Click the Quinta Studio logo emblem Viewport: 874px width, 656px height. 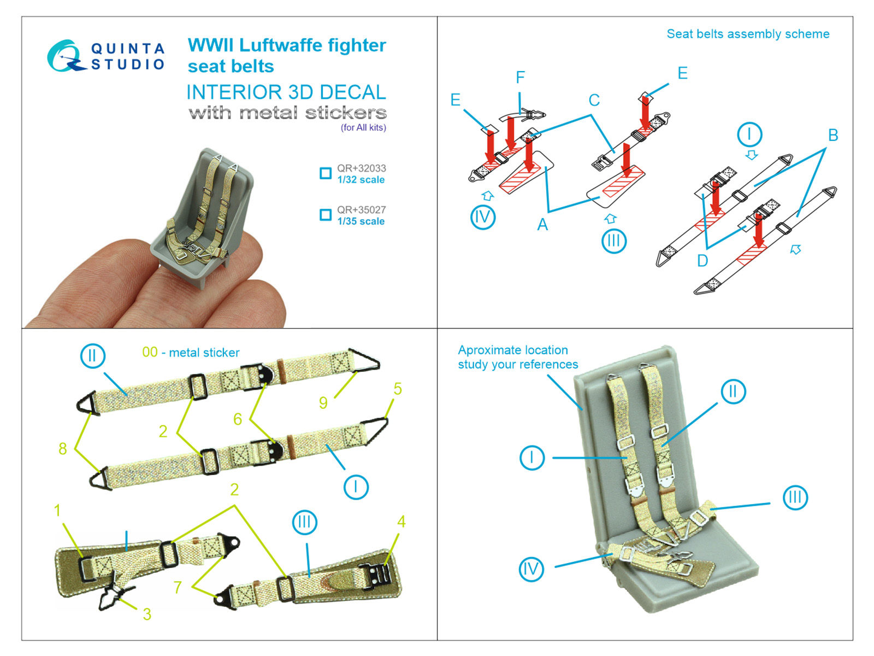[66, 56]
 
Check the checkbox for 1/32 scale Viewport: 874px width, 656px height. [326, 173]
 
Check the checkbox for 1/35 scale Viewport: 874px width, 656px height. [326, 215]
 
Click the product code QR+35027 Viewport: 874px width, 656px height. [361, 210]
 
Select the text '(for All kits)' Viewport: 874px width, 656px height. [363, 127]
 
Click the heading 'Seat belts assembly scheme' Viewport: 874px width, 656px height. [748, 34]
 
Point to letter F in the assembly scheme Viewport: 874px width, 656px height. [520, 78]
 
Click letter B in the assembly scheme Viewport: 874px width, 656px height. [832, 135]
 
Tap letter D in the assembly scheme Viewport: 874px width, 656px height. [702, 261]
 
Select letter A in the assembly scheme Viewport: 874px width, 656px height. [542, 224]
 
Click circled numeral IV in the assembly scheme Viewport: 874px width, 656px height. [482, 217]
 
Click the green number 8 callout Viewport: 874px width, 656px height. [63, 449]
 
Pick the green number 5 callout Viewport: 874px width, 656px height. [398, 389]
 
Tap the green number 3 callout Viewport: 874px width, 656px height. [147, 614]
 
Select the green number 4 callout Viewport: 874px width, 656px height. [401, 522]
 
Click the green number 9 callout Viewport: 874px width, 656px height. [323, 403]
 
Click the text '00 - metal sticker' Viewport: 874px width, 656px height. [191, 353]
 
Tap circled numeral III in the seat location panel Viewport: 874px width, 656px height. [795, 497]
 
